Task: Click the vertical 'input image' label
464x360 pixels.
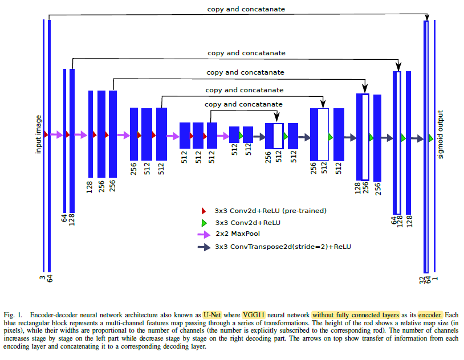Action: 38,134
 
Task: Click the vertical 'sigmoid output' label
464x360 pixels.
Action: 440,134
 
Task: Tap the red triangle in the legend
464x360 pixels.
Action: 203,211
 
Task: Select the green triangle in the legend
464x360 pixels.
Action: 204,223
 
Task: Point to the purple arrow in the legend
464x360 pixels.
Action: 204,235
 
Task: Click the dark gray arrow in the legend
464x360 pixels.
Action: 204,247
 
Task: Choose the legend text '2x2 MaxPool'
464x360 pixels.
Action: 238,234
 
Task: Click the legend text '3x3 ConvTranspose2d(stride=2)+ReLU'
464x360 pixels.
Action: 283,247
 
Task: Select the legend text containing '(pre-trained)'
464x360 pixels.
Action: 270,211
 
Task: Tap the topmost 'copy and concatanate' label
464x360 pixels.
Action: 246,9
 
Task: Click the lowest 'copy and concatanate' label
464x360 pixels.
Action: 243,104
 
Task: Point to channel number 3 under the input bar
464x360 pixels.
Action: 42,278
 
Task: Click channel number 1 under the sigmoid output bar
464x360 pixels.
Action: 435,279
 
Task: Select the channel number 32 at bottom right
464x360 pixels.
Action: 422,280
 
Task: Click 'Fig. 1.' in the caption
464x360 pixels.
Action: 13,315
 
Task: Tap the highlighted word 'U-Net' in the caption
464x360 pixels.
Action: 212,315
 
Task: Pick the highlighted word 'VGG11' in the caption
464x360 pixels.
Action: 254,315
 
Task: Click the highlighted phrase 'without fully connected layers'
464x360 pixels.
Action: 356,315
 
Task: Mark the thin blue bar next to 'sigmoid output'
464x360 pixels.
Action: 434,146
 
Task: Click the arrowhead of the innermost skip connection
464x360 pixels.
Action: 276,117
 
